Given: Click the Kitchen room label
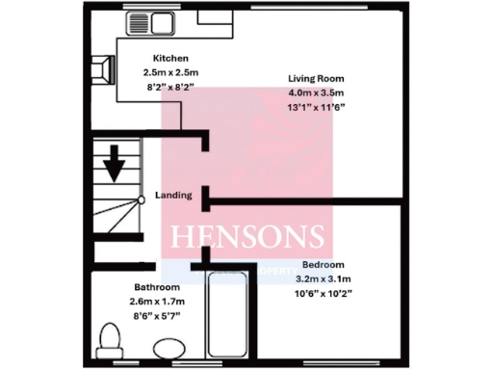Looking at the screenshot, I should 158,58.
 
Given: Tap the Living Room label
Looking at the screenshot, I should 316,78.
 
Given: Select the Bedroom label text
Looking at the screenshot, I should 323,264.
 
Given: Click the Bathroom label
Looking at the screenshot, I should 157,287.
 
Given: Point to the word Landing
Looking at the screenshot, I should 173,195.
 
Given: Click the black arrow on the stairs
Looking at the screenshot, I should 115,162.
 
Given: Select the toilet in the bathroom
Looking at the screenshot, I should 109,340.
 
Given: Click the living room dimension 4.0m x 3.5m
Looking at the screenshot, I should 316,92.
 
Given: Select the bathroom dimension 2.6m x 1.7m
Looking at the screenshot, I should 157,302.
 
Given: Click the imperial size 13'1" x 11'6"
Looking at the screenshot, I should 316,107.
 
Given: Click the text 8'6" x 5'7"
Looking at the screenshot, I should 157,316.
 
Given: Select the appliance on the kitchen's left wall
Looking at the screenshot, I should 99,67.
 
